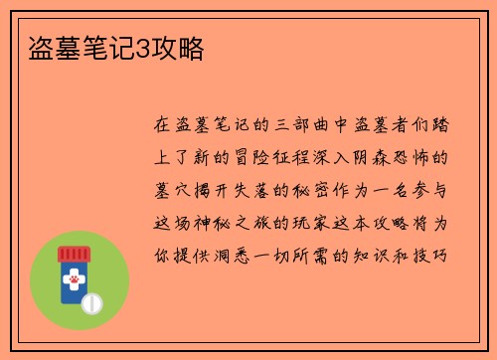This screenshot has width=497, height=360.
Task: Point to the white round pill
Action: (x=91, y=300)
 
